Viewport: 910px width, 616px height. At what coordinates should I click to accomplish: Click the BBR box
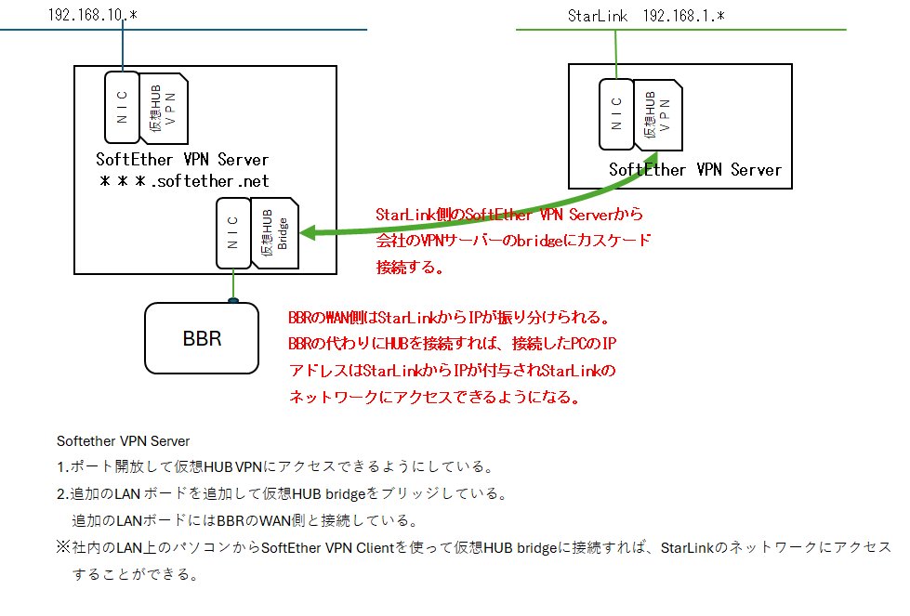point(202,336)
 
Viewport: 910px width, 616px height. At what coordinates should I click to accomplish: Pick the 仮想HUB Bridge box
point(280,233)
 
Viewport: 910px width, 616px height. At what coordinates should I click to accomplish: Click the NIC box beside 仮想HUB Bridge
point(232,233)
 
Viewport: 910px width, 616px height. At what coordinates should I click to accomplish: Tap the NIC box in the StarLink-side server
point(616,113)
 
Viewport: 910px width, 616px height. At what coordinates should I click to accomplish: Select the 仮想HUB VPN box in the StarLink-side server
point(659,113)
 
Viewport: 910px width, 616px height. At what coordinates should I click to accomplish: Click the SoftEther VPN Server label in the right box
point(694,170)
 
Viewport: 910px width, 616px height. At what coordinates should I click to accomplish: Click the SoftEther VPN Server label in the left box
point(182,159)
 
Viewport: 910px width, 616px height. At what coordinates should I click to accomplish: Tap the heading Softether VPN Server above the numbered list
point(123,440)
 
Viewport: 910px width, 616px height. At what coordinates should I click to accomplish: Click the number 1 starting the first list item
point(60,466)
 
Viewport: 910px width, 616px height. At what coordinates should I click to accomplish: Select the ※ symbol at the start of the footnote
point(63,548)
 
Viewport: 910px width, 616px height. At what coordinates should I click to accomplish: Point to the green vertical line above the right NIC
point(614,54)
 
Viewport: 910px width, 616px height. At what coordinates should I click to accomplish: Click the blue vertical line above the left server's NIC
point(122,49)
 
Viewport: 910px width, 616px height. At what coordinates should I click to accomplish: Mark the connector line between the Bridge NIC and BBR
point(232,286)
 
